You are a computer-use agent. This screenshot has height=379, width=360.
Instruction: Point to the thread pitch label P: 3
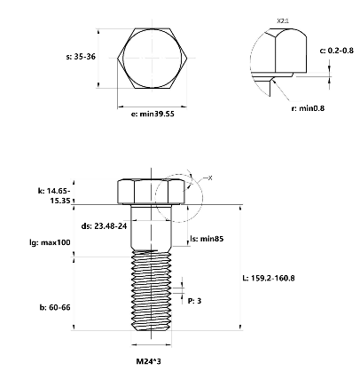pyautogui.click(x=195, y=301)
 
